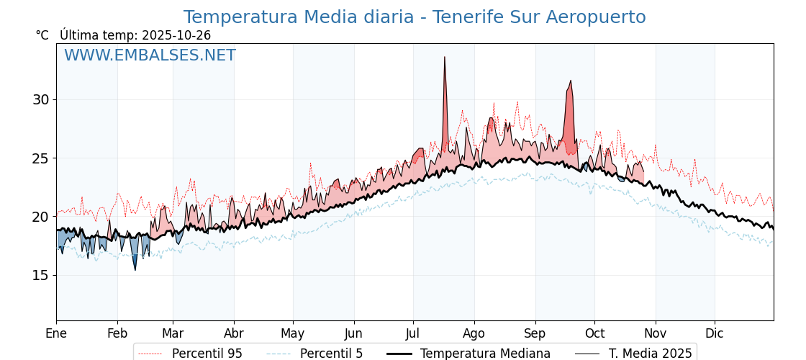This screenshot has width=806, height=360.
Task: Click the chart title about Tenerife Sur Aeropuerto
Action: (415, 17)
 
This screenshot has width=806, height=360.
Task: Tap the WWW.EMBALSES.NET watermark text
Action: (150, 55)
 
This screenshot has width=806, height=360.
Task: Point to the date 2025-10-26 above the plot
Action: (176, 35)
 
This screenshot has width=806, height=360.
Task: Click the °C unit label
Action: (42, 35)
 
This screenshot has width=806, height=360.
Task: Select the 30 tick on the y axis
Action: (40, 99)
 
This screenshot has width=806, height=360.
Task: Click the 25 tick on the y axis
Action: (40, 158)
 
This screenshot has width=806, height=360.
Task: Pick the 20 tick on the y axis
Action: (40, 217)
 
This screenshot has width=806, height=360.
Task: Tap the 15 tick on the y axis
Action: (40, 275)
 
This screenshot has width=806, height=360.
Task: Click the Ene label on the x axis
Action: (56, 333)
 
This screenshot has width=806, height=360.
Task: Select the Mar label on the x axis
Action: (173, 333)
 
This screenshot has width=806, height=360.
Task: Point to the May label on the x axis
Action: (293, 333)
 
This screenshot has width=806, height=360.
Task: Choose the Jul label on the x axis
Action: (413, 333)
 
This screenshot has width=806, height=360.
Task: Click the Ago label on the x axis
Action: (474, 333)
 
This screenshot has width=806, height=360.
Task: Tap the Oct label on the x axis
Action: (594, 333)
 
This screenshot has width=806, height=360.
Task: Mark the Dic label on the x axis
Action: (715, 333)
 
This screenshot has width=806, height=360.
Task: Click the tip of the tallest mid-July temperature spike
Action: (445, 57)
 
